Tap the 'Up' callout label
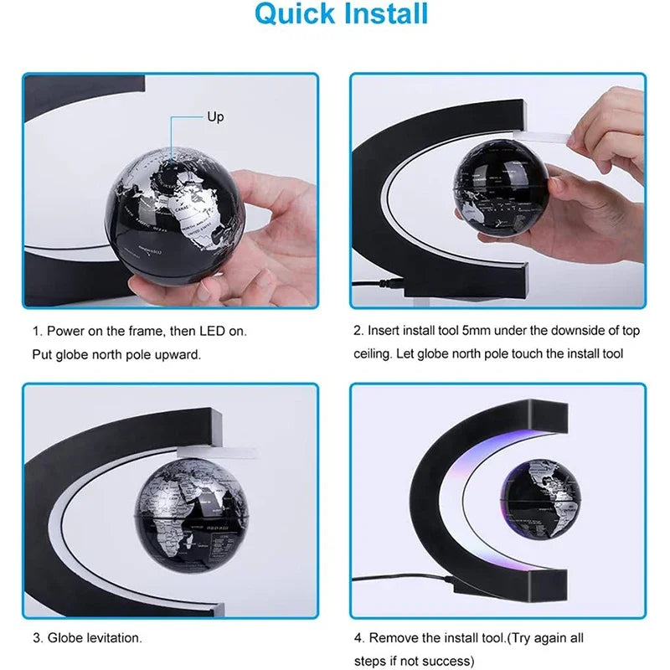[x=215, y=117]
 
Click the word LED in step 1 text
[x=213, y=331]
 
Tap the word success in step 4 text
[x=449, y=661]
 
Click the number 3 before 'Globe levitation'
[x=37, y=638]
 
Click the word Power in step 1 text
[x=64, y=331]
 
